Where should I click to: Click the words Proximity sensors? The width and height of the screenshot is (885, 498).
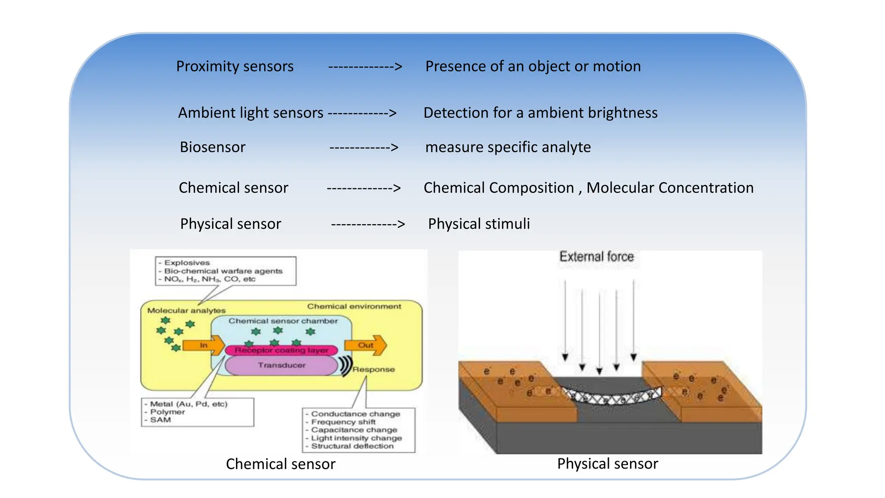(235, 67)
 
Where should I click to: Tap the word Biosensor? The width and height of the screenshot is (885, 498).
(212, 147)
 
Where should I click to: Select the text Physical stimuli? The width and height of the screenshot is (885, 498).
(478, 224)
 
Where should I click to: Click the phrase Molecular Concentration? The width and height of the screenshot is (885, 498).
(670, 188)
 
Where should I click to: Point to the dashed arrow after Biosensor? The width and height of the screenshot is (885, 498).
(364, 147)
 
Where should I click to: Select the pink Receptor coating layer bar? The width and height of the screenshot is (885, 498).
(281, 350)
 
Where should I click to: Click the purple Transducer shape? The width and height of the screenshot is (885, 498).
(281, 366)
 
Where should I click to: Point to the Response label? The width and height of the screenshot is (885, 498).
(373, 370)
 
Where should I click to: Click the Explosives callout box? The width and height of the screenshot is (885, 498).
(226, 271)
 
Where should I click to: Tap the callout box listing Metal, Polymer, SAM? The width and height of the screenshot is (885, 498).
(197, 412)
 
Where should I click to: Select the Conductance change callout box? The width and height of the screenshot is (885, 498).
(358, 430)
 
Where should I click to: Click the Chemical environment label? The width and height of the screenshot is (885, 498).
(354, 306)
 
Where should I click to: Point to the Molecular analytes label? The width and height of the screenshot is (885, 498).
(186, 310)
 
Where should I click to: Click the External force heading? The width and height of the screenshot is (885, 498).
(596, 257)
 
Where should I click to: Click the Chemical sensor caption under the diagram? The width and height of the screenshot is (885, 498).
(280, 464)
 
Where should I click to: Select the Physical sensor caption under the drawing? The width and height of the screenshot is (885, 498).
(607, 464)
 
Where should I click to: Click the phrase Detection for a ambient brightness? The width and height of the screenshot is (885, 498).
(540, 113)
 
